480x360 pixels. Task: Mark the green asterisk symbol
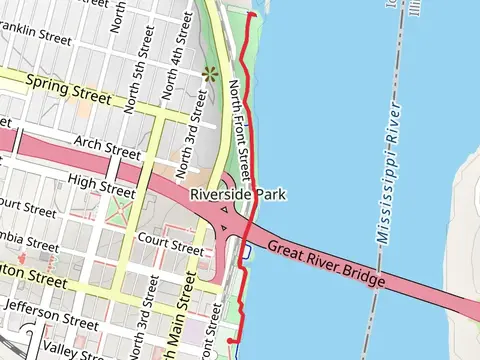(210, 73)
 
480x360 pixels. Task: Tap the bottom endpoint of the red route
(231, 341)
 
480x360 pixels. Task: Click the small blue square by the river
(245, 252)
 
